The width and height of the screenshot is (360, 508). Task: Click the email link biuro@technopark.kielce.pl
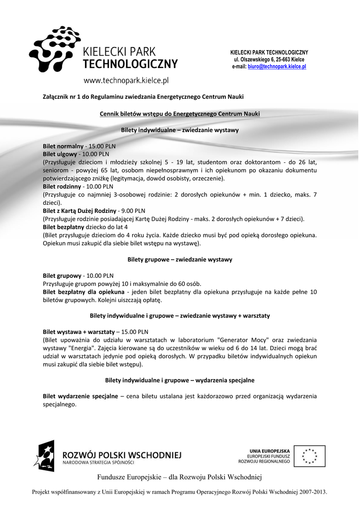277,66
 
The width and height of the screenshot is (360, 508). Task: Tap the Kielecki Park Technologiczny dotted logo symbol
55,48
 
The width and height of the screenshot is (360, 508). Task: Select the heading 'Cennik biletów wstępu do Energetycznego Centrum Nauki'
180,114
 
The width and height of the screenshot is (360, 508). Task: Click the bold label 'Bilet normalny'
63,146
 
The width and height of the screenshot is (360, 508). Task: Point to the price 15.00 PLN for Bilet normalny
102,146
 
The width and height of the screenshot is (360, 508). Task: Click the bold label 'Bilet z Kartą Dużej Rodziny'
79,210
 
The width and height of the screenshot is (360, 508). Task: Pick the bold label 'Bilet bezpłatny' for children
63,227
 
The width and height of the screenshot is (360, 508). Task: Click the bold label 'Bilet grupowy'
62,275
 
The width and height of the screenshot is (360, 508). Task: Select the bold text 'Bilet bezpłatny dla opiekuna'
83,292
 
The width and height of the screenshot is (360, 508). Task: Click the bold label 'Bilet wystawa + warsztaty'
78,331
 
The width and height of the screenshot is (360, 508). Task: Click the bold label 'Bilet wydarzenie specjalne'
80,396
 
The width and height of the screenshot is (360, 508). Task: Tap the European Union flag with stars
309,455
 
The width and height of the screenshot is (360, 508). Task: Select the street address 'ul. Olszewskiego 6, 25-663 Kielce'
269,59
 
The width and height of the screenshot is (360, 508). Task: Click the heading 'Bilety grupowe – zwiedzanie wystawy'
180,259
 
